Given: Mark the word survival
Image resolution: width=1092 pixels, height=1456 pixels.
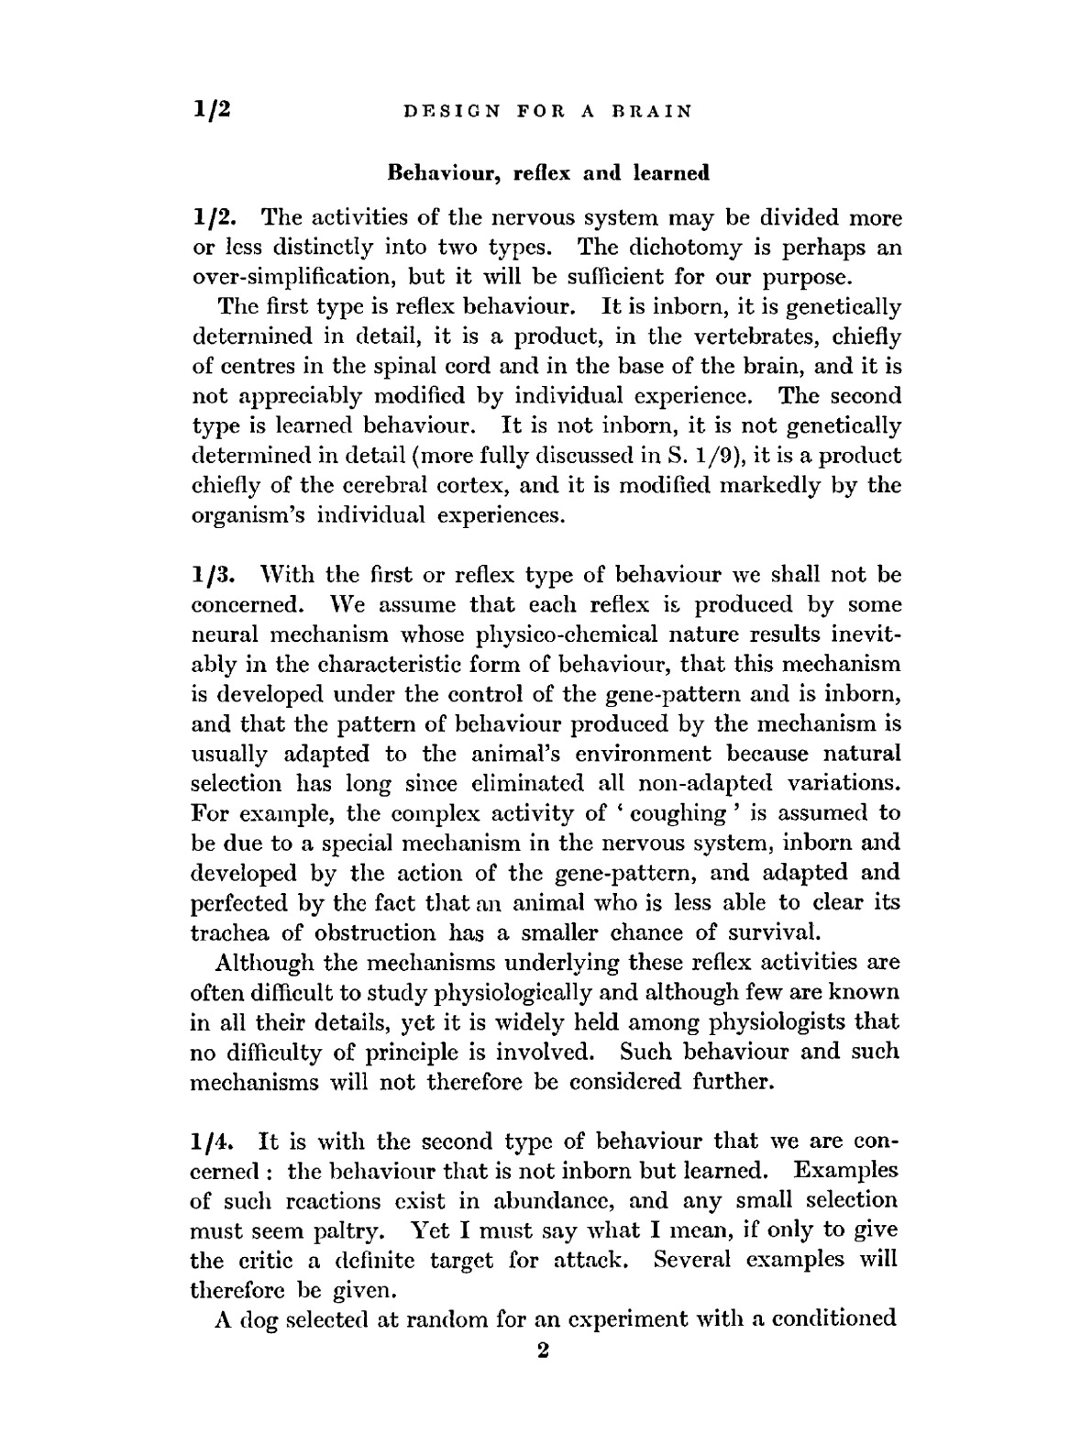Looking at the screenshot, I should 769,933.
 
